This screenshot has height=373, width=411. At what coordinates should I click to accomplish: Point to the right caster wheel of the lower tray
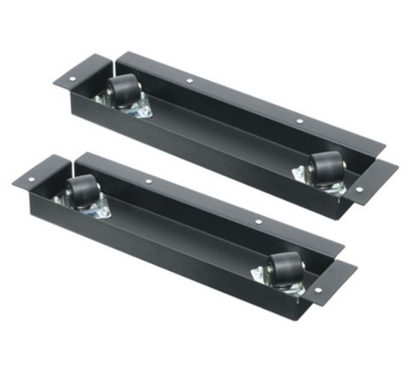pyautogui.click(x=285, y=265)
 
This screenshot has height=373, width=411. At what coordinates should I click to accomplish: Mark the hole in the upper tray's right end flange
pyautogui.click(x=359, y=190)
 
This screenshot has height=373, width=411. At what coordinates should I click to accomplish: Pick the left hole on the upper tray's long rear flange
pyautogui.click(x=190, y=79)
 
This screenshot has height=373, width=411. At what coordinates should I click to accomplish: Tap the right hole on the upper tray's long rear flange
pyautogui.click(x=299, y=120)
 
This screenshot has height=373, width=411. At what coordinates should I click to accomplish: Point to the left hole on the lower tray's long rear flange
pyautogui.click(x=149, y=181)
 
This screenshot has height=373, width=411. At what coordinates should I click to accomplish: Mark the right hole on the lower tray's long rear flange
pyautogui.click(x=258, y=222)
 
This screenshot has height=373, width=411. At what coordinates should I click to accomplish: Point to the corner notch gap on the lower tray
pyautogui.click(x=74, y=159)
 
